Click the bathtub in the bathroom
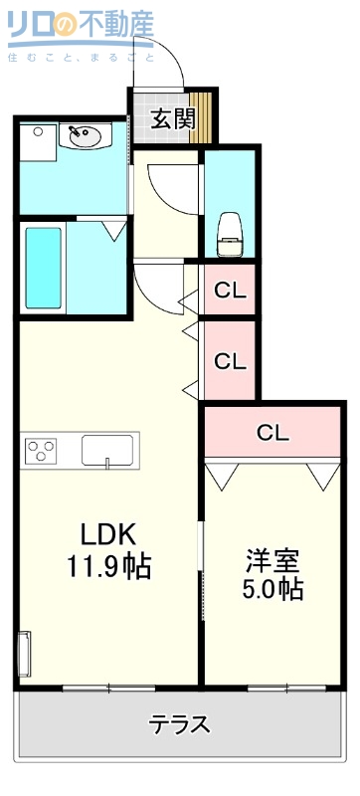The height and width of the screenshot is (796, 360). coord(43,269)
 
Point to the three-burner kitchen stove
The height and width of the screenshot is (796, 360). coord(42,451)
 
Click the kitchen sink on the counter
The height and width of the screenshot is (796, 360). coord(107,450)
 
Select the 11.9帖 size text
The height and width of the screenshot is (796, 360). coord(107,567)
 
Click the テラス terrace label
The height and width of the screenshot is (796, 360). coord(179,723)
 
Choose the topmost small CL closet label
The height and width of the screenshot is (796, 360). coord(231,292)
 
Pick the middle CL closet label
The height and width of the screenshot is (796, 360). coord(231,361)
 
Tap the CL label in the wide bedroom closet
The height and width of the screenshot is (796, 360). coord(272,433)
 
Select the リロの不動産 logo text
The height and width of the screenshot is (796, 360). coord(80,28)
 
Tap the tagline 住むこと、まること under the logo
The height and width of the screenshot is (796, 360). coord(80,58)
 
